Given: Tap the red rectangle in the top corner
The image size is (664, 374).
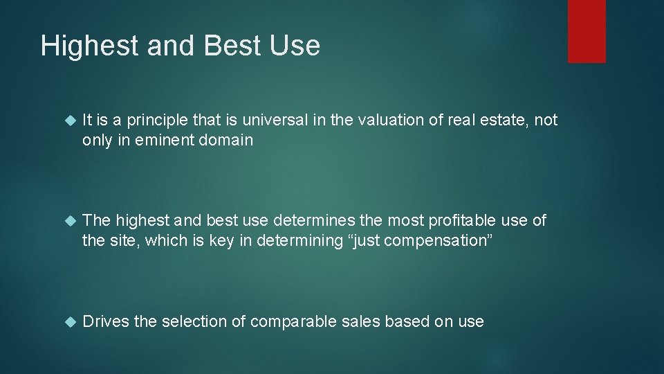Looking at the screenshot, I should (587, 31).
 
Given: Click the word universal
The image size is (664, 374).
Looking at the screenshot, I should (260, 121).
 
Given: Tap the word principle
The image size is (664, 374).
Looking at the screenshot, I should (152, 121).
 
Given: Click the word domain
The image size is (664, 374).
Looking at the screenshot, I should (229, 140).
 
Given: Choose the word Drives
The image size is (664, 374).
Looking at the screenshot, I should (104, 321).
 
